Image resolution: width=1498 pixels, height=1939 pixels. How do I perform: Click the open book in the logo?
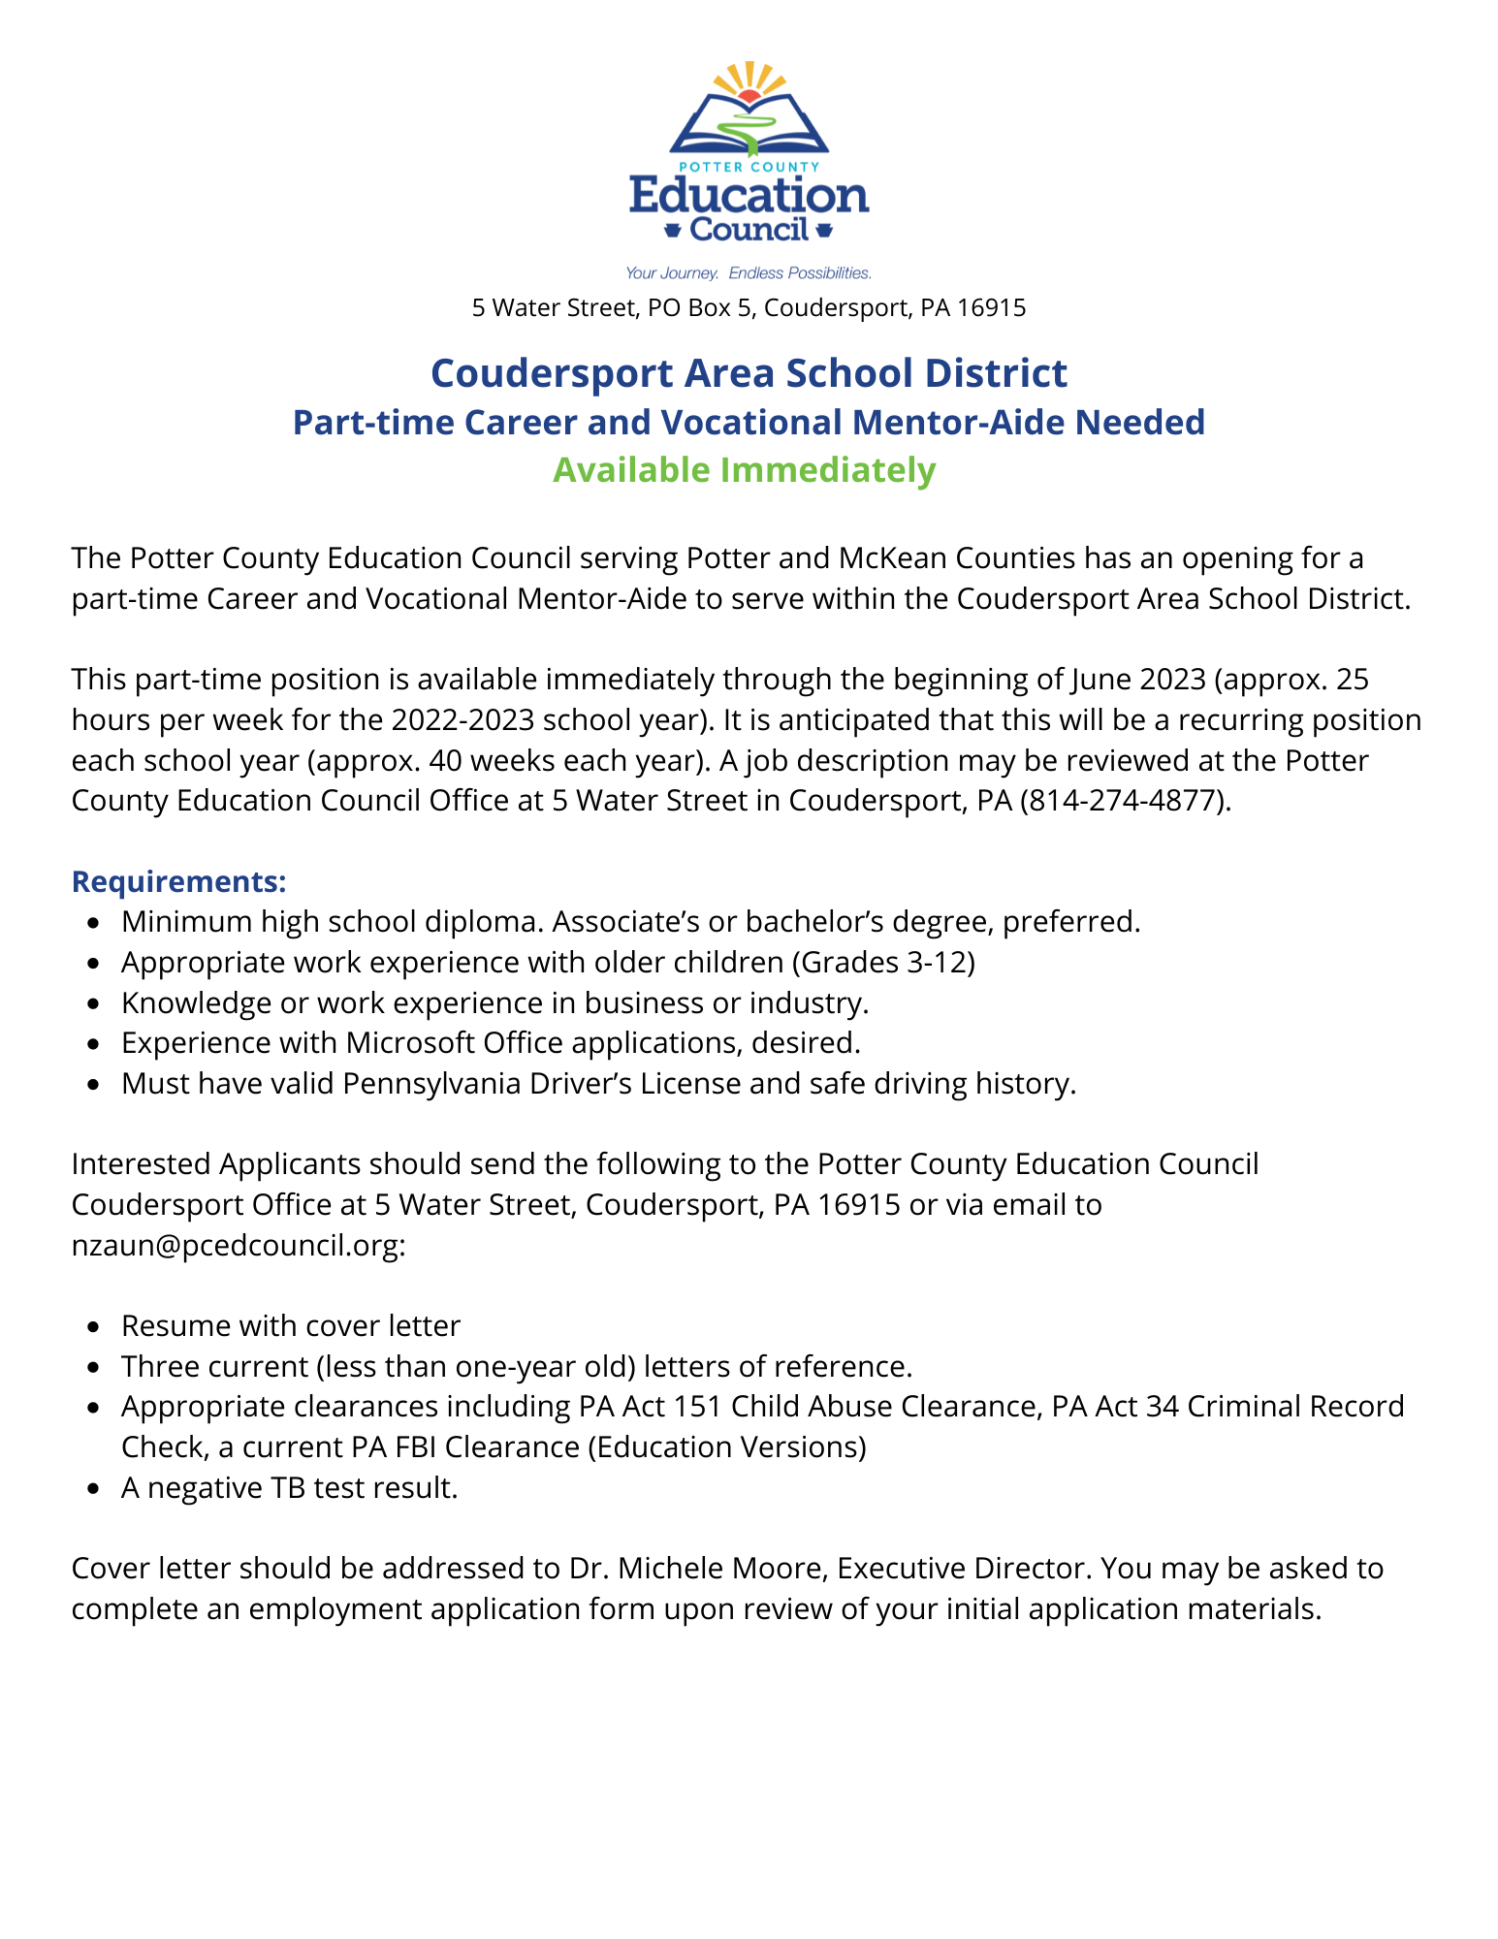coord(749,126)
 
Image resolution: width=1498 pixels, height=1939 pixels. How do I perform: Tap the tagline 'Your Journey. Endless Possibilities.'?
coord(749,273)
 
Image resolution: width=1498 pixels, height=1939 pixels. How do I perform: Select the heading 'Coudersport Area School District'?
coord(749,373)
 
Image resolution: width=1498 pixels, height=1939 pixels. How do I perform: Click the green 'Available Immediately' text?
coord(744,470)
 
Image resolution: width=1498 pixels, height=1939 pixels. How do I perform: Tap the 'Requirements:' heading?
coord(179,882)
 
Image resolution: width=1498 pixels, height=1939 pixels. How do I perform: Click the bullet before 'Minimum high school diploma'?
coord(92,923)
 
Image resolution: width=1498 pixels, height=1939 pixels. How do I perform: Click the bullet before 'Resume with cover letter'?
coord(92,1327)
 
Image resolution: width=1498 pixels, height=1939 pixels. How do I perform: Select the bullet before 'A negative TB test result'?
coord(92,1489)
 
